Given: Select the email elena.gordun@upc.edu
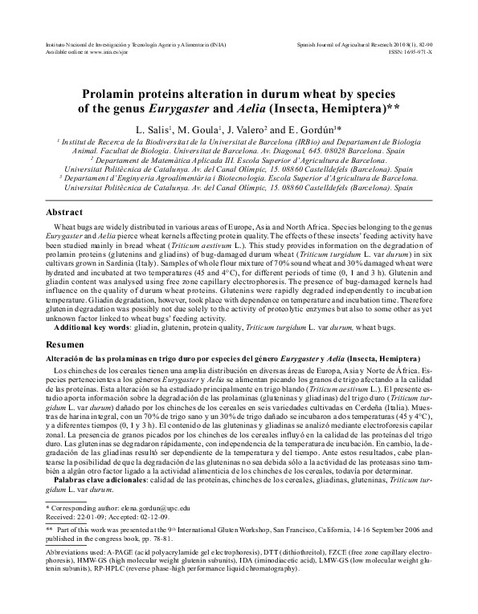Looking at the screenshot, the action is (x=152, y=509).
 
